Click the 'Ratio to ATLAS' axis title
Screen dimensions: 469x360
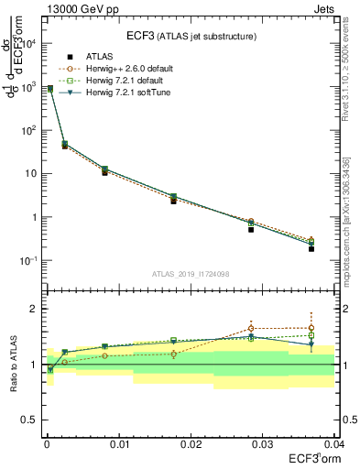click(13, 365)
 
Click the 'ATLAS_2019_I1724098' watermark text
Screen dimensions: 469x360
click(190, 274)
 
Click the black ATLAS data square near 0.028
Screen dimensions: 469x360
click(251, 229)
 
